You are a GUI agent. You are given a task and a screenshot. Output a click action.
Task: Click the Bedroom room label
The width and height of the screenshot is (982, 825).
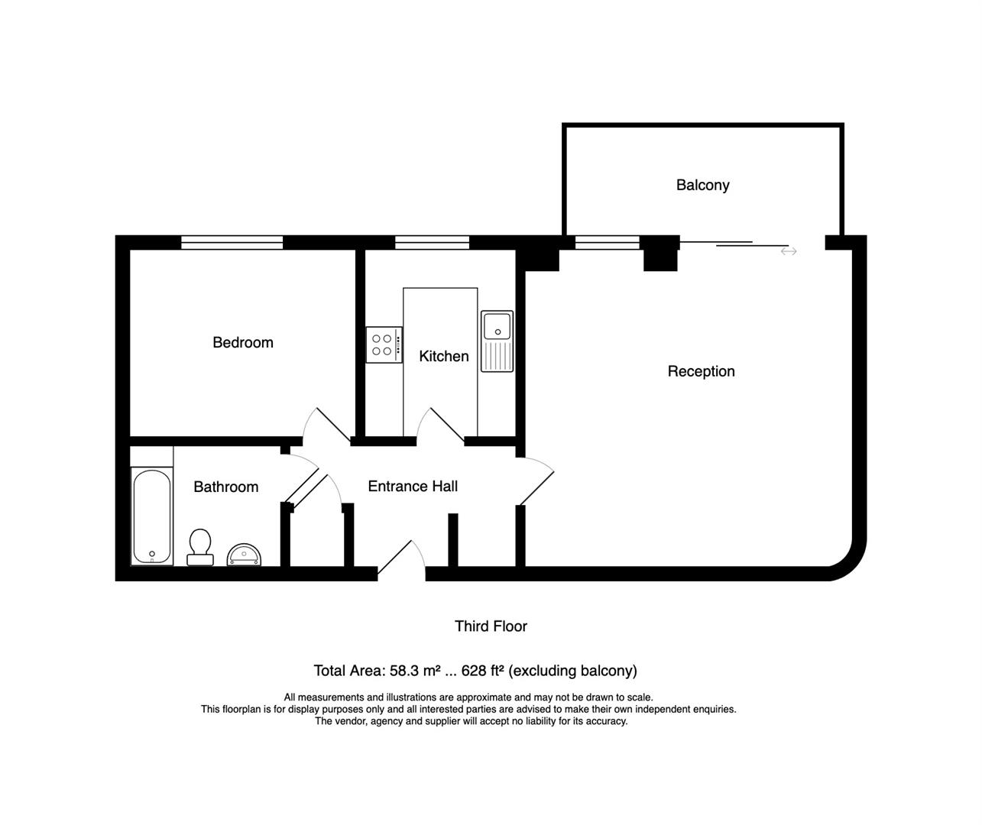(x=243, y=342)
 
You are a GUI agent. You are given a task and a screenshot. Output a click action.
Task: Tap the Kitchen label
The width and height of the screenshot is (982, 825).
(x=443, y=356)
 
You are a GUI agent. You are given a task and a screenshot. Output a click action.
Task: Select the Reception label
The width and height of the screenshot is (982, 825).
(x=701, y=371)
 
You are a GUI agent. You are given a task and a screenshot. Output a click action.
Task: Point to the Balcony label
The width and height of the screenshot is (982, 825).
(x=702, y=185)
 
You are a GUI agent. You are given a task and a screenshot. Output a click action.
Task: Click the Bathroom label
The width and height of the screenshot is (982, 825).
(x=225, y=487)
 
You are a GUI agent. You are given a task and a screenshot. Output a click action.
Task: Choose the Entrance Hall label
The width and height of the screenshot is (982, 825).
(x=413, y=486)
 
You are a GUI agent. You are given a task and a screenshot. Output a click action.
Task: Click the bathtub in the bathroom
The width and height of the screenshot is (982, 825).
(x=152, y=516)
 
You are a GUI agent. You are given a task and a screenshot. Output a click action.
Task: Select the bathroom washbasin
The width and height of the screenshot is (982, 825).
(x=245, y=554)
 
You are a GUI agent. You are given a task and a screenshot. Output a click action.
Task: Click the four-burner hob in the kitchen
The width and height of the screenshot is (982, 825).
(x=384, y=345)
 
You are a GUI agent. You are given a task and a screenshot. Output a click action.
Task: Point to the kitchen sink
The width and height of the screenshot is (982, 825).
(x=497, y=341)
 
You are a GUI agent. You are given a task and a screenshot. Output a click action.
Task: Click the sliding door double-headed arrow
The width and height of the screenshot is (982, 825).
(x=789, y=251)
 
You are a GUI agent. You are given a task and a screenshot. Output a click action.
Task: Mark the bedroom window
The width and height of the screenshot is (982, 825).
(x=232, y=242)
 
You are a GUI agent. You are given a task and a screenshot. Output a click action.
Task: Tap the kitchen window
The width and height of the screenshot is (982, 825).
(x=432, y=242)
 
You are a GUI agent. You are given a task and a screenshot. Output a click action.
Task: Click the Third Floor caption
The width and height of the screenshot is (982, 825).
(x=491, y=626)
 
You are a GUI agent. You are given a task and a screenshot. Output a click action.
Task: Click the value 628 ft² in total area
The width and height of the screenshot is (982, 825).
(x=483, y=671)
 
